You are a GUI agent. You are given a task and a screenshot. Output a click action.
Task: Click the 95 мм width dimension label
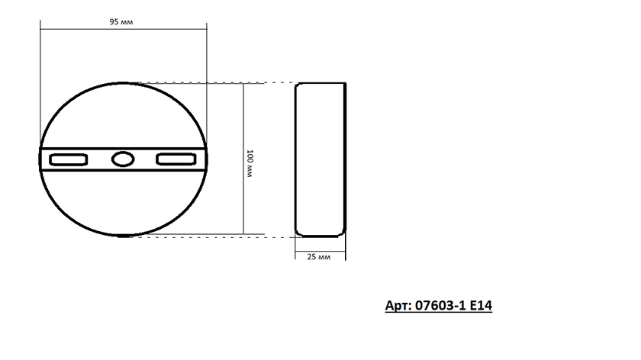point(121,21)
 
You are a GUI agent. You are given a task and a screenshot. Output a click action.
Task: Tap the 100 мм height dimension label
point(250,163)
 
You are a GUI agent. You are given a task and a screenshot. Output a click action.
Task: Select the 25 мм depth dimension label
point(318,256)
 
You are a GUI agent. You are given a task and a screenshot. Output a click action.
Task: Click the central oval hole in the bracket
point(123,159)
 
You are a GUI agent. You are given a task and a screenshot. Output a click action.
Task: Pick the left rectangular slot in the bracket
point(68,159)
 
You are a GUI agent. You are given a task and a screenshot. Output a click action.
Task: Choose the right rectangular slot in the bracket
point(176,159)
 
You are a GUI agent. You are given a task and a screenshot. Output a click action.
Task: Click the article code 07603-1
point(440,305)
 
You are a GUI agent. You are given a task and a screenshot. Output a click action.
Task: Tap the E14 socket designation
point(481,305)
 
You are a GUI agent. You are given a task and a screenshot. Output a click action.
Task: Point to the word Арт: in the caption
point(398,305)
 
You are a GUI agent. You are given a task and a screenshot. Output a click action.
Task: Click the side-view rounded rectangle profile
point(295,159)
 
